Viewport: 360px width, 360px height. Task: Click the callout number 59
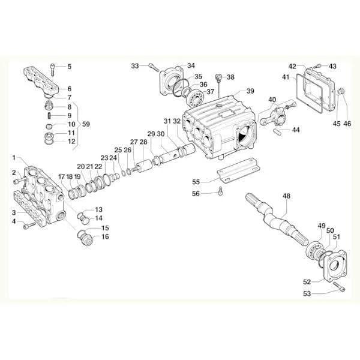click(x=86, y=124)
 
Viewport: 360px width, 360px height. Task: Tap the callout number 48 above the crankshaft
click(x=286, y=196)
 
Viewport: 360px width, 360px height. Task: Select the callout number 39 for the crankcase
click(x=250, y=91)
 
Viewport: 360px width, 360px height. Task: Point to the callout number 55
click(x=196, y=182)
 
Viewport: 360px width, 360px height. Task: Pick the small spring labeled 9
click(x=50, y=115)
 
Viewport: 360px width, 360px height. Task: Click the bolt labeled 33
click(x=154, y=67)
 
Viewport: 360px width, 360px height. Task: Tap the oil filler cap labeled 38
click(x=218, y=77)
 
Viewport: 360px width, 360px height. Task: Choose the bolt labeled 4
click(x=29, y=226)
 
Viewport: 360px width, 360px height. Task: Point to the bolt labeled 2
click(x=19, y=180)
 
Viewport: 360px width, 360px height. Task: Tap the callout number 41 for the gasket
click(x=286, y=77)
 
